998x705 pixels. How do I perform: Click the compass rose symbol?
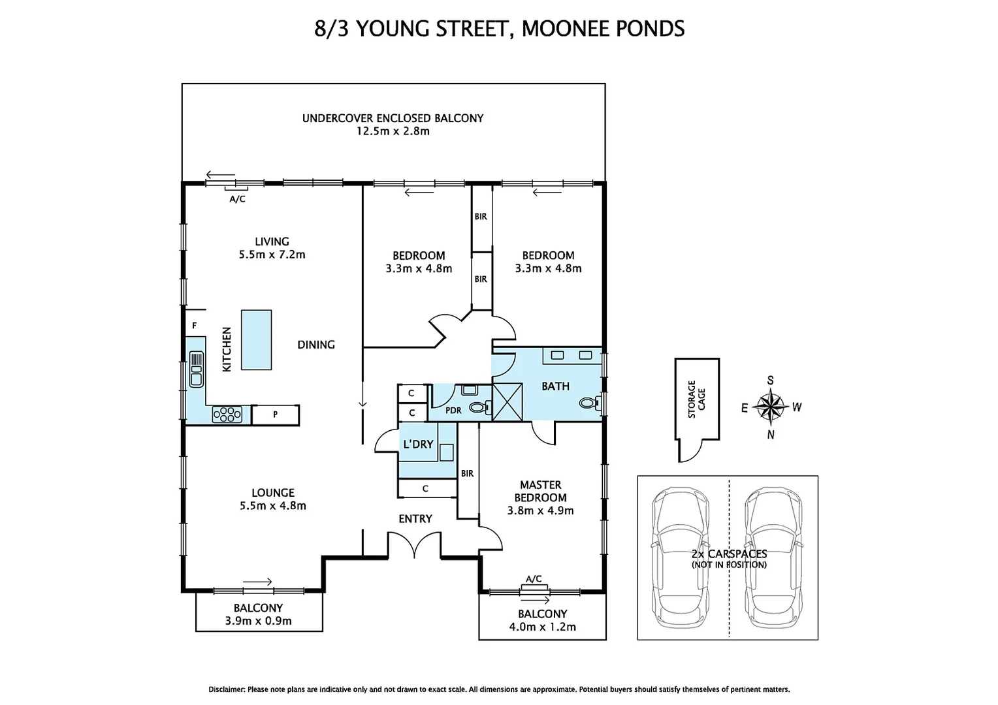pyautogui.click(x=771, y=407)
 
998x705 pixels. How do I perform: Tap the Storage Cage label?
pyautogui.click(x=696, y=399)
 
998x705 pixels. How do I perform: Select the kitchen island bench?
pyautogui.click(x=256, y=339)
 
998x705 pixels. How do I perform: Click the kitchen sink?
pyautogui.click(x=196, y=368)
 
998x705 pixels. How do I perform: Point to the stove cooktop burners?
pyautogui.click(x=227, y=415)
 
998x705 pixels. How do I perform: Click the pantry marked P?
pyautogui.click(x=276, y=415)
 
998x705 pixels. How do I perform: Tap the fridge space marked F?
pyautogui.click(x=194, y=325)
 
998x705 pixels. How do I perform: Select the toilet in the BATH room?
pyautogui.click(x=589, y=403)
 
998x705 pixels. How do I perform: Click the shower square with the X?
pyautogui.click(x=507, y=401)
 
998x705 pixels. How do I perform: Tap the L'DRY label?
pyautogui.click(x=418, y=444)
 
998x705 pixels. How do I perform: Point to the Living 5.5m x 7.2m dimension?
pyautogui.click(x=272, y=255)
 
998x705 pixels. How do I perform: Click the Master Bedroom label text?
pyautogui.click(x=540, y=491)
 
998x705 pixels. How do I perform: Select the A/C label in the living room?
pyautogui.click(x=237, y=199)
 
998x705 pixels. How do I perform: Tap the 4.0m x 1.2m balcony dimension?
pyautogui.click(x=543, y=627)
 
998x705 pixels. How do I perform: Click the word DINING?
pyautogui.click(x=316, y=345)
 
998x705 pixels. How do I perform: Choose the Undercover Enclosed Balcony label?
pyautogui.click(x=393, y=118)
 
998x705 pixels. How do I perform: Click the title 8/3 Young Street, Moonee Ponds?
pyautogui.click(x=499, y=29)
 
